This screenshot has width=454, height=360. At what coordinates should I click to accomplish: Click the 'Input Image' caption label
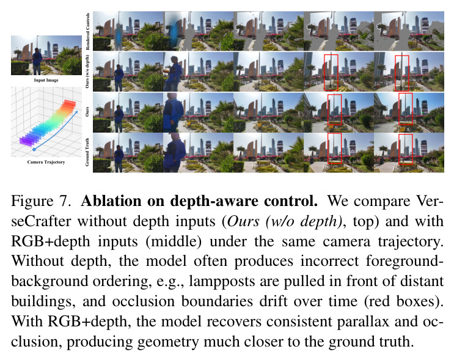(x=46, y=80)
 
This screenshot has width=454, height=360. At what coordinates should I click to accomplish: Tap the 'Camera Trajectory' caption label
(x=46, y=162)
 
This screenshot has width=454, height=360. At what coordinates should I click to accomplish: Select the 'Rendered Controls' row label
(x=87, y=31)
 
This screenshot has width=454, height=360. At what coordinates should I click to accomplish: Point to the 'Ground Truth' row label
(x=87, y=152)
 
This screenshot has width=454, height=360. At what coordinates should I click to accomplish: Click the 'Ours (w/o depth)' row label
(x=87, y=72)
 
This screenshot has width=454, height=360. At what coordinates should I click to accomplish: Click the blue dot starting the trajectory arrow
(x=34, y=150)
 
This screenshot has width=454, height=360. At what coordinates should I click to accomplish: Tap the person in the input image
(x=37, y=61)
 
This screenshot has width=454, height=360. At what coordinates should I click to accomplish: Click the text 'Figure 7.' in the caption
(x=41, y=201)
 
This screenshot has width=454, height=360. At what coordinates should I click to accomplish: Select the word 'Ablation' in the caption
(x=111, y=201)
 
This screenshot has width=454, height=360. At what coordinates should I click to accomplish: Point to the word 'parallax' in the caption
(x=363, y=321)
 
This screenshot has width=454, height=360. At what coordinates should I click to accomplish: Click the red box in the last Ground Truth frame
(x=406, y=150)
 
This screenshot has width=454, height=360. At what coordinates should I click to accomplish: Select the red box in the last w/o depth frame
(x=402, y=73)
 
